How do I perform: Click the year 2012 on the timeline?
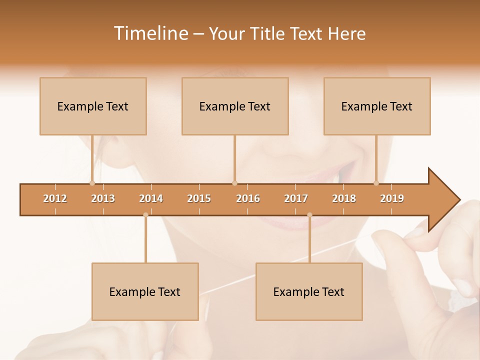coord(55,198)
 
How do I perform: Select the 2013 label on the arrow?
coord(103,198)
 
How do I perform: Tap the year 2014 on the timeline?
coord(151,198)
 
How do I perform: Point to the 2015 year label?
coord(199,198)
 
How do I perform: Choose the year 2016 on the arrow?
coord(248,198)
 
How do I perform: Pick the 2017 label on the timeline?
coord(296,198)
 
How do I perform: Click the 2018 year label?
coord(344,198)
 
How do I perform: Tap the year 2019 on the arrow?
coord(392,198)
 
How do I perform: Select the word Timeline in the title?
coord(150,33)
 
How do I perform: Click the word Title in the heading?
coord(268,33)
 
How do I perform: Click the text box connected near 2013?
coord(93,106)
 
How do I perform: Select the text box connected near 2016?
coord(235,106)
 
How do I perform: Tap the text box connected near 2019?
coord(377,106)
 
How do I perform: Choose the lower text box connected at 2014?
coord(145,291)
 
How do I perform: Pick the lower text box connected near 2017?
coord(309,291)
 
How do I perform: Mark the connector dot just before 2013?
coord(92,183)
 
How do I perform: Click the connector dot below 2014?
coord(145,215)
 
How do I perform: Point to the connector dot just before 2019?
coord(376,183)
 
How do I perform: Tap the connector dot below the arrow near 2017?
coord(309,215)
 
